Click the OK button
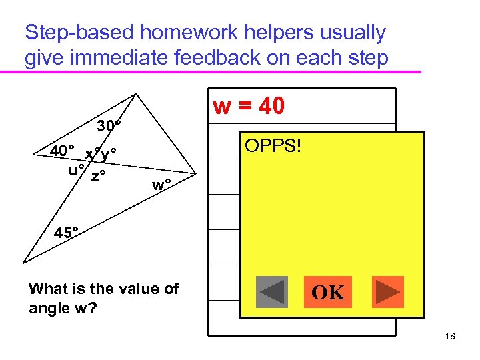point(327,292)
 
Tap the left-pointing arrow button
point(272,292)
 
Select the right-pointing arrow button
point(387,292)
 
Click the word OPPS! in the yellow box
point(273,145)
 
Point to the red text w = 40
point(249,106)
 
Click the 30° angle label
point(109,126)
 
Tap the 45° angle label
point(67,233)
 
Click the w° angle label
point(161,185)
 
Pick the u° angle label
point(77,168)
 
